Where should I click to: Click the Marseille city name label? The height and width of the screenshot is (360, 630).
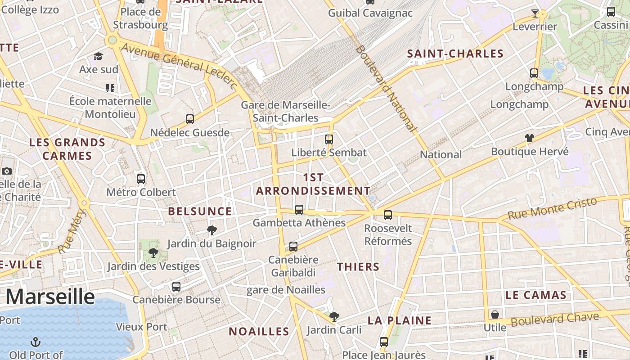pos(50,297)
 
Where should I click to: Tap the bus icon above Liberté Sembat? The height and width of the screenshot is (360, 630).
pos(329,139)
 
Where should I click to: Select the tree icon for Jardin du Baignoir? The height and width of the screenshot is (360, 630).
pos(211,231)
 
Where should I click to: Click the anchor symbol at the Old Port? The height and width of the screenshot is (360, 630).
pos(35,342)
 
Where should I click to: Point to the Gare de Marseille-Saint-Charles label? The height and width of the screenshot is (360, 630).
pos(285,112)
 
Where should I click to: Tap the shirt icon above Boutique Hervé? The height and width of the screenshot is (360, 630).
pos(529,138)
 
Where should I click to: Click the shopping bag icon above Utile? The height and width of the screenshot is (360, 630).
pos(495,315)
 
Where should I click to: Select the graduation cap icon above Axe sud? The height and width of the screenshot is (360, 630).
pos(98,56)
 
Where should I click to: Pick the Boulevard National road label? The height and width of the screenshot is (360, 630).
pos(386,88)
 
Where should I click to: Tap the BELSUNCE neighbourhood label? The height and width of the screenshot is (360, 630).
pos(200,211)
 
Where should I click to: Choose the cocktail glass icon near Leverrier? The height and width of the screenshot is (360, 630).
pos(535,13)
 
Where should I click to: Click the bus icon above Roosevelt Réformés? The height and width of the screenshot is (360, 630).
pos(388,215)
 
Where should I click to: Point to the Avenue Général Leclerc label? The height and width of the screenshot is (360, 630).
pos(179,66)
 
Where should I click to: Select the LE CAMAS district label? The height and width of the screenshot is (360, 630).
pos(535,295)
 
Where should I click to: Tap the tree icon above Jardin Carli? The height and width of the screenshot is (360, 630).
pos(334,317)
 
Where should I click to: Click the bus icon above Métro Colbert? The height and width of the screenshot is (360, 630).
pos(141,179)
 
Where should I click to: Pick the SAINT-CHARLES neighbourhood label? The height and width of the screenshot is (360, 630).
pos(455,54)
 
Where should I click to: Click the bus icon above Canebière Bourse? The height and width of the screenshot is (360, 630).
pos(176,287)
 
